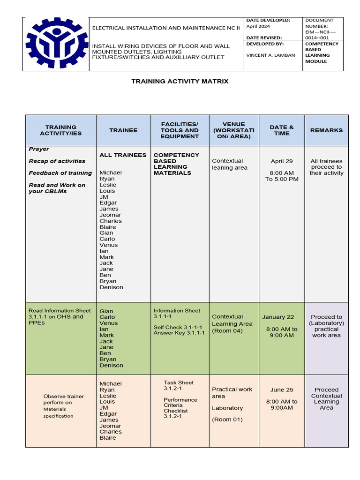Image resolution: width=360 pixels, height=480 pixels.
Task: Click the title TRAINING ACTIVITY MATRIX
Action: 180,81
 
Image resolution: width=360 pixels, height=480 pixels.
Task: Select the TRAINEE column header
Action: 123,130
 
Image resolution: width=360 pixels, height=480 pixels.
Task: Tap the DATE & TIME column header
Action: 282,130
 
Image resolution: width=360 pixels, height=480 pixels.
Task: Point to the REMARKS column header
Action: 326,130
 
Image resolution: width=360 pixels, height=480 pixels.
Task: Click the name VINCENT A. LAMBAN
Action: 271,55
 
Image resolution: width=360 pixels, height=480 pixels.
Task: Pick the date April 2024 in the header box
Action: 258,27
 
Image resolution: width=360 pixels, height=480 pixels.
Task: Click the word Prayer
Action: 39,149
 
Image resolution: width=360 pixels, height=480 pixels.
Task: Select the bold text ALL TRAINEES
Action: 123,155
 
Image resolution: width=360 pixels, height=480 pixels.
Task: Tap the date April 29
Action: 282,161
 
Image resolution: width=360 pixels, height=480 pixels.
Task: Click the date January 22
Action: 278,317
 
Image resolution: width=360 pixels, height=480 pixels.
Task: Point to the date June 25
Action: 282,390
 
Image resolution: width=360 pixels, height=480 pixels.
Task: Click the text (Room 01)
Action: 227,420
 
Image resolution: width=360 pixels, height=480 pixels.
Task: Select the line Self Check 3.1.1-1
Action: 178,327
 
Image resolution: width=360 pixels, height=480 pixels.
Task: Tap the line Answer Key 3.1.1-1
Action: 179,333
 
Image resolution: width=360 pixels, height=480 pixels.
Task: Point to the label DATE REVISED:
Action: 264,37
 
